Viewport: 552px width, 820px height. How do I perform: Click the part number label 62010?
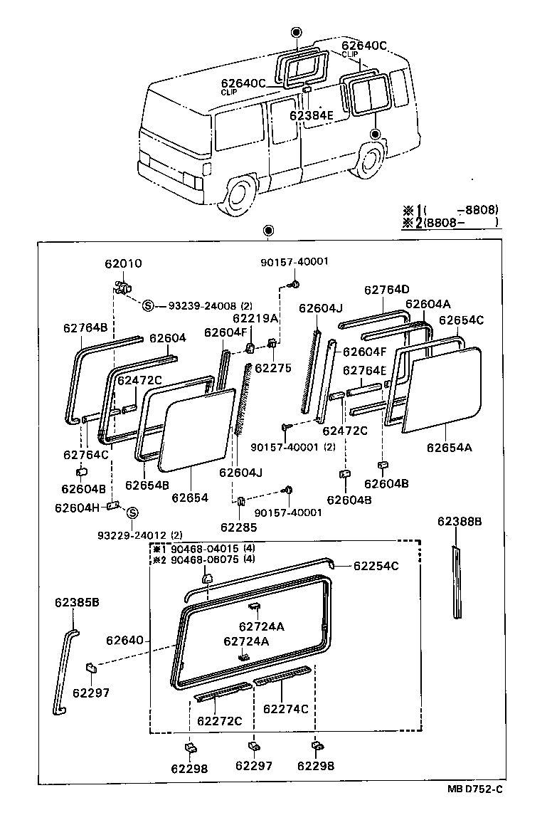point(123,263)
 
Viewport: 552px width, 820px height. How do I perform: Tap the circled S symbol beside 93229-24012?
point(132,512)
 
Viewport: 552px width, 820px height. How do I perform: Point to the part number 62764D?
point(386,290)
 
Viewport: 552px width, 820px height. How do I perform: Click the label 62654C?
point(460,320)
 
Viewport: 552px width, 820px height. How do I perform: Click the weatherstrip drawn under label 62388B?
point(456,582)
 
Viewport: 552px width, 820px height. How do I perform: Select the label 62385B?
point(76,602)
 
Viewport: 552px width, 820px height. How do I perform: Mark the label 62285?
point(238,527)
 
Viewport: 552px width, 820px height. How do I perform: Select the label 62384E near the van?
point(311,115)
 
